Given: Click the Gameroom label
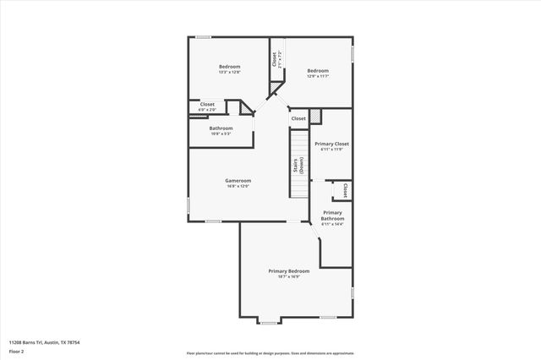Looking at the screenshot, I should (x=238, y=180).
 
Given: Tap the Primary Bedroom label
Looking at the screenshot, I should (x=289, y=271).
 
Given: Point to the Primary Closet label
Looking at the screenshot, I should (x=331, y=144).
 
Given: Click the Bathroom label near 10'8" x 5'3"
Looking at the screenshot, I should (x=221, y=128).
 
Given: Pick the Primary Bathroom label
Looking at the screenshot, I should (x=332, y=215).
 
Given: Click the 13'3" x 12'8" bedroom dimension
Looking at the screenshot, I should (x=230, y=73).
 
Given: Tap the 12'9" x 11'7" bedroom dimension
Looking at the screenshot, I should (x=318, y=76).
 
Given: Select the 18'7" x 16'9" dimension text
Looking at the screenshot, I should (x=289, y=277).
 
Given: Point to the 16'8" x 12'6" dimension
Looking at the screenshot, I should (x=238, y=186).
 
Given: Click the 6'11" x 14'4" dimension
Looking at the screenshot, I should (x=332, y=225).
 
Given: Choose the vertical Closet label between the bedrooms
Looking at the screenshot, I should (x=275, y=60).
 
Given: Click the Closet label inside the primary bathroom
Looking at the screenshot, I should (x=345, y=190).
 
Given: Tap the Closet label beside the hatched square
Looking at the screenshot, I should (x=298, y=118).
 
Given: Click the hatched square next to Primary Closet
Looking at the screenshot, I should (x=315, y=116).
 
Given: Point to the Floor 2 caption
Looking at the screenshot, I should (x=16, y=350).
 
